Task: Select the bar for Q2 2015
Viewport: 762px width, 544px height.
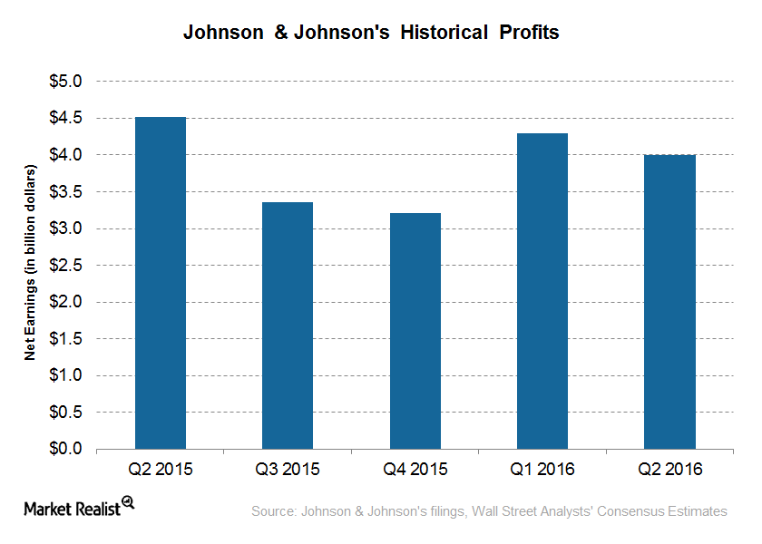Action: coord(161,283)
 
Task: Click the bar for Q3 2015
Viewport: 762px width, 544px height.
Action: coord(288,325)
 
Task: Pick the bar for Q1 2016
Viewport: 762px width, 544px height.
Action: coord(542,291)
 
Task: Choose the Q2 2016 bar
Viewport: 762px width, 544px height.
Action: coord(669,302)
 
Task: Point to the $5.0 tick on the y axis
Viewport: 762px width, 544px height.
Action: coord(64,82)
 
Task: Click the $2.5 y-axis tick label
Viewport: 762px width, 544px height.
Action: coord(64,266)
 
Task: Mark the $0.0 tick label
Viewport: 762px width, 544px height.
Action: coord(64,450)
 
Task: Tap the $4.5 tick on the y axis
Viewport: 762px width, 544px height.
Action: coord(64,119)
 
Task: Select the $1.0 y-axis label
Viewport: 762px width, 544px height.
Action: coord(64,376)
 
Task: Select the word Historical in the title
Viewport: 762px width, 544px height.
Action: coord(440,33)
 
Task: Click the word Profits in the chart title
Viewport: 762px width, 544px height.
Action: coord(528,33)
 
